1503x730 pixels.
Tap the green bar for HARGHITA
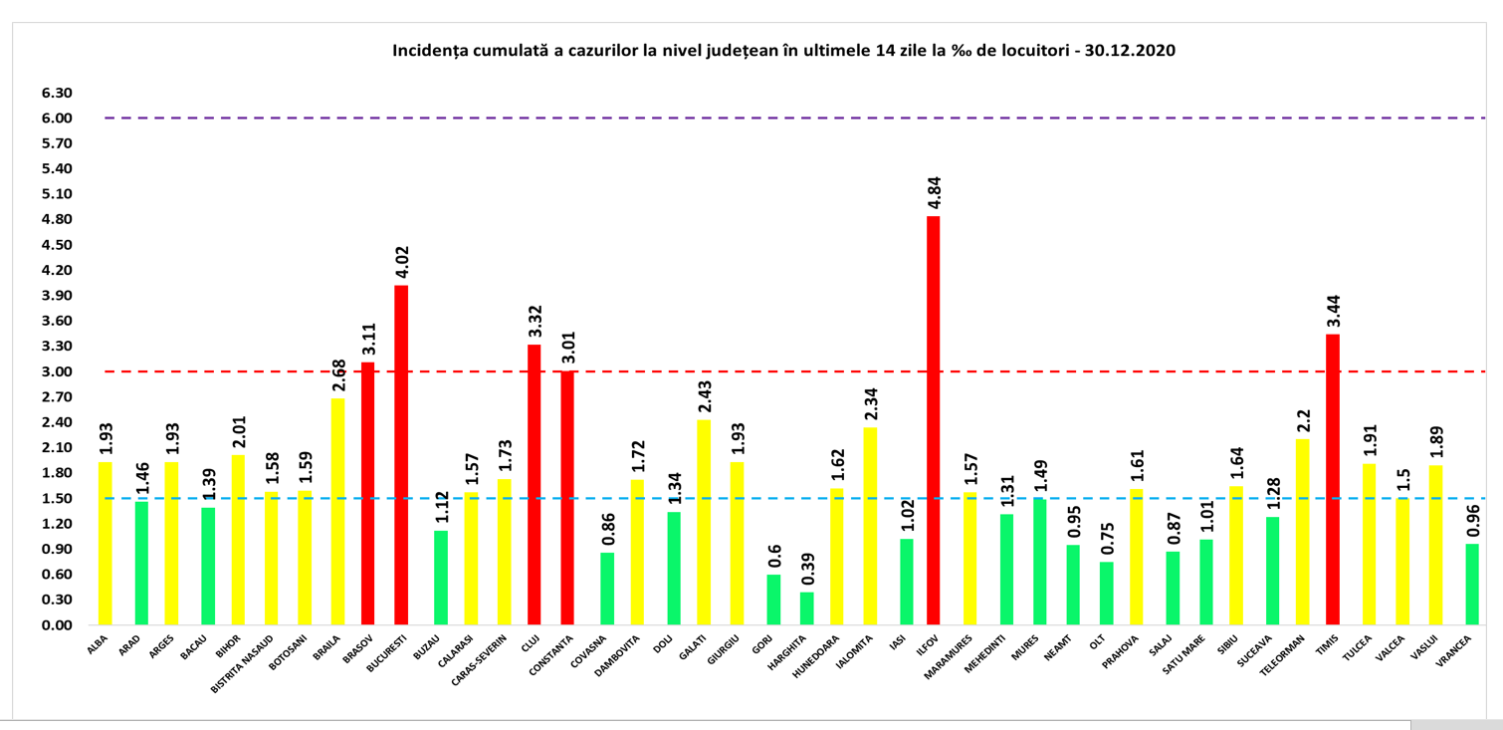point(806,608)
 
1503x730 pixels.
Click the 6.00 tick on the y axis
point(58,119)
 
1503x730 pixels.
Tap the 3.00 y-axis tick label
point(58,371)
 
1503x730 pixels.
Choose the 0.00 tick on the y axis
point(58,625)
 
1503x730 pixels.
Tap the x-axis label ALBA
point(99,644)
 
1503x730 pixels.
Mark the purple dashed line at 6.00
point(697,119)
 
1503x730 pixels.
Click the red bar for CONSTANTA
point(567,498)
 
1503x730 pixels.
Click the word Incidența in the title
point(429,50)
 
